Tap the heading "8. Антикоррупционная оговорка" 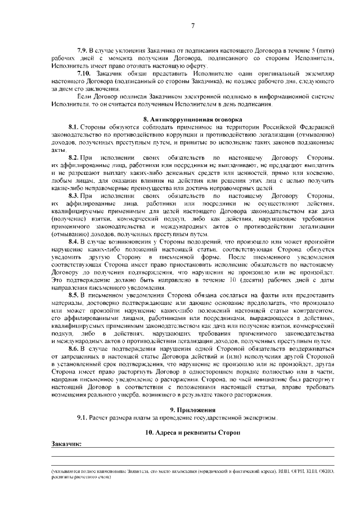pos(192,120)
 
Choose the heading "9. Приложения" pos(192,409)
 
